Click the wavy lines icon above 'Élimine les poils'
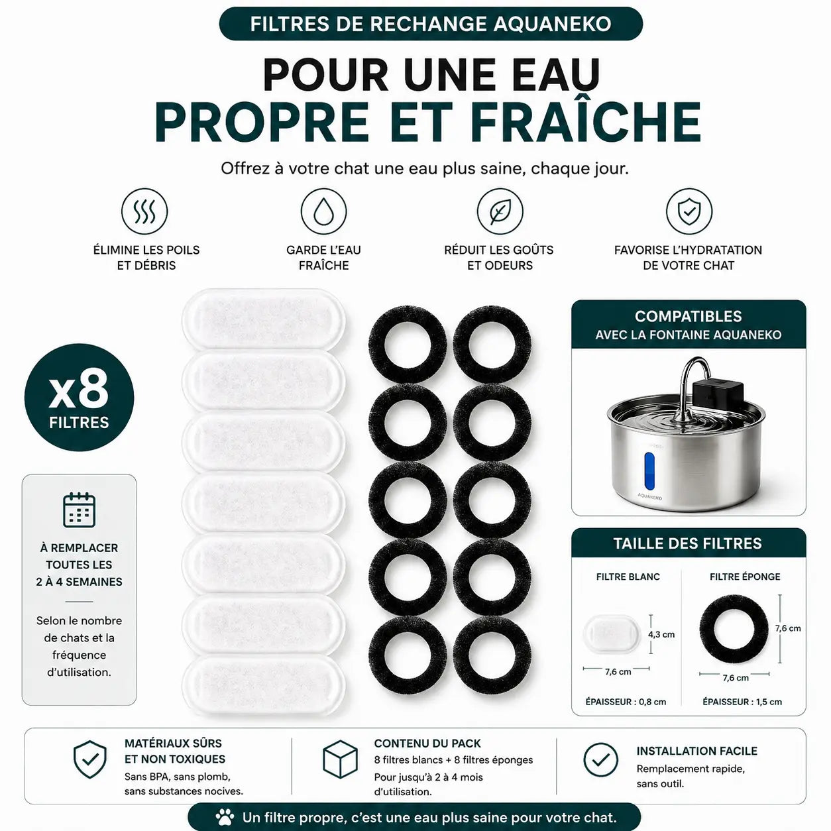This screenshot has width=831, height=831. pyautogui.click(x=144, y=211)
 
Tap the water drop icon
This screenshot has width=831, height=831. pyautogui.click(x=323, y=211)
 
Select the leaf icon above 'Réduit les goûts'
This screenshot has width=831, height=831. pyautogui.click(x=500, y=211)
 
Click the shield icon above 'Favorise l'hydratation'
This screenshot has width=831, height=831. pyautogui.click(x=689, y=211)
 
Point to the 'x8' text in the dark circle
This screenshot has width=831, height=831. pyautogui.click(x=79, y=392)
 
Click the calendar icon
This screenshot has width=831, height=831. pyautogui.click(x=79, y=510)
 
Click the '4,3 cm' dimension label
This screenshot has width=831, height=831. pyautogui.click(x=661, y=634)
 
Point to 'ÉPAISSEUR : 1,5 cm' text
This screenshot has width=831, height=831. pyautogui.click(x=742, y=702)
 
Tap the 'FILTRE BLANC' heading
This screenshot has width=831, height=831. pyautogui.click(x=628, y=577)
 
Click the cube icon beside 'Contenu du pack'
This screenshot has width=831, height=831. pyautogui.click(x=340, y=760)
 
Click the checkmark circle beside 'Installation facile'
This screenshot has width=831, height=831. pyautogui.click(x=600, y=760)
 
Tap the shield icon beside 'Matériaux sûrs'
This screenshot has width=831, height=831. pyautogui.click(x=89, y=760)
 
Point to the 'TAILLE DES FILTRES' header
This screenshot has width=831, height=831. pyautogui.click(x=688, y=543)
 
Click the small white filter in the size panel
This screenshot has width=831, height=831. pyautogui.click(x=611, y=635)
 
